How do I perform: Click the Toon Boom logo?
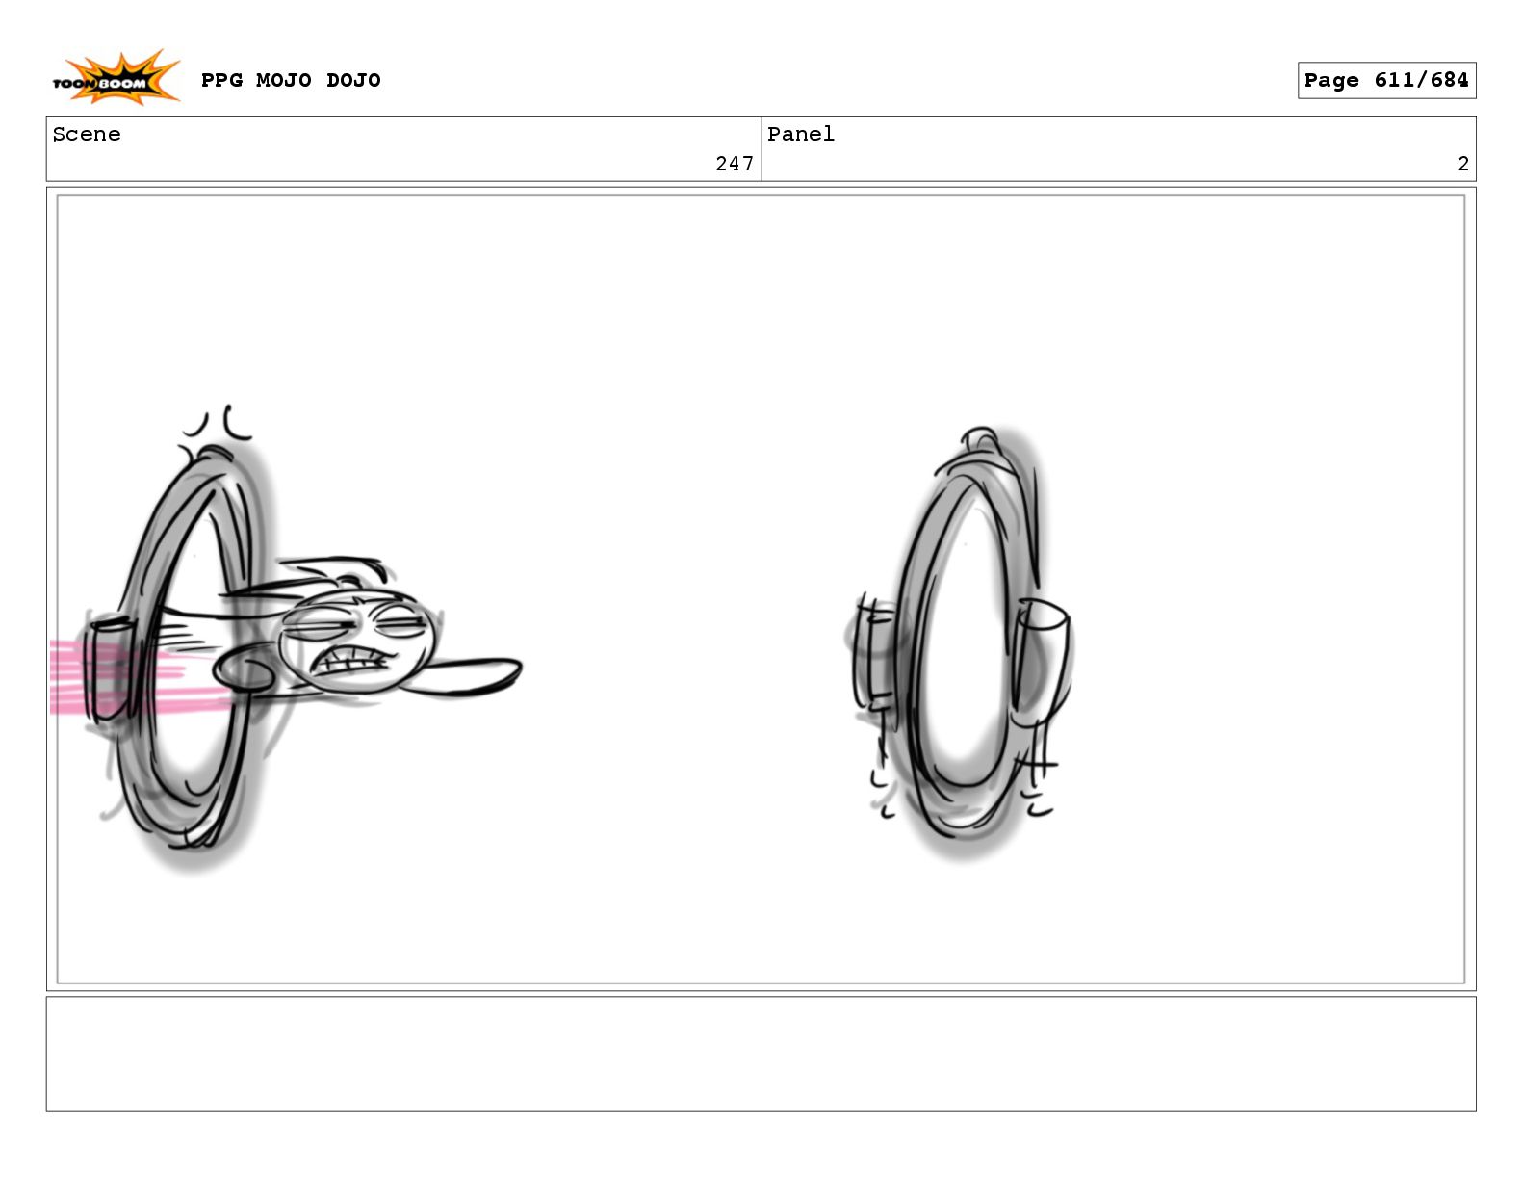click(x=116, y=78)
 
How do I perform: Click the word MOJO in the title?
click(x=283, y=80)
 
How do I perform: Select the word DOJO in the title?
click(x=353, y=80)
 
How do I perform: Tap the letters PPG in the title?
click(x=221, y=80)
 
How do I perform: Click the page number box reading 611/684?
click(x=1386, y=80)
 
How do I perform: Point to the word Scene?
click(x=87, y=134)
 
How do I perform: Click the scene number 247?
click(x=734, y=164)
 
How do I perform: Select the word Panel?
click(x=800, y=134)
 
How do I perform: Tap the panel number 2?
click(x=1462, y=164)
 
